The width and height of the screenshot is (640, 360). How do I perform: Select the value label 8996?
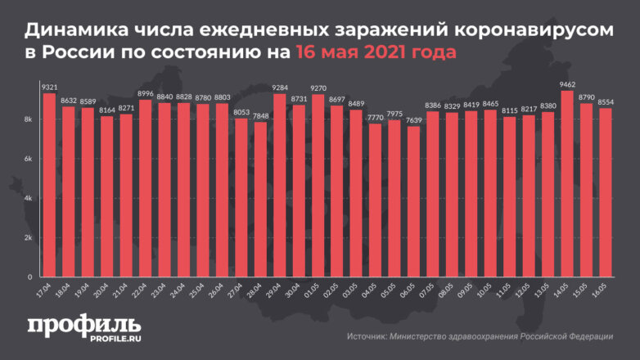click(145, 92)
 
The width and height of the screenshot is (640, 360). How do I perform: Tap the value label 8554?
click(605, 101)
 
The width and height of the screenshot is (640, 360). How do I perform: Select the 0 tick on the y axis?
click(29, 277)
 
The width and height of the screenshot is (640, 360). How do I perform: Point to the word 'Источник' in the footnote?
click(368, 335)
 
